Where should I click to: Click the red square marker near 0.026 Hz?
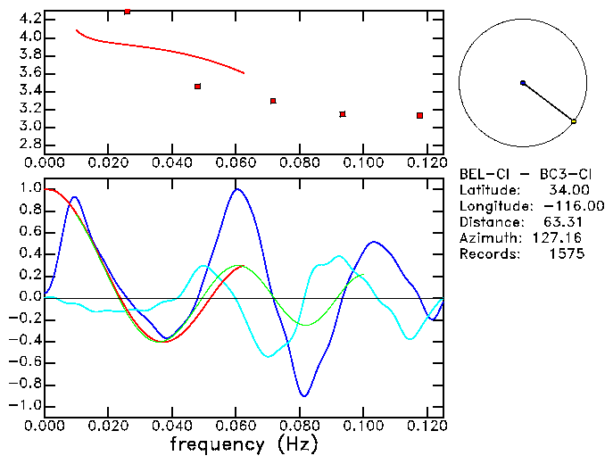tap(128, 12)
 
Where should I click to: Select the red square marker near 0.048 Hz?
tap(197, 87)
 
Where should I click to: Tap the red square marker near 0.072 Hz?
tap(273, 101)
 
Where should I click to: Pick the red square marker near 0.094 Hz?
tap(343, 114)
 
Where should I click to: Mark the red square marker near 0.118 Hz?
tap(419, 115)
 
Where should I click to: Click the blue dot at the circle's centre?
tap(523, 83)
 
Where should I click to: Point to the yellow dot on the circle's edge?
tap(574, 121)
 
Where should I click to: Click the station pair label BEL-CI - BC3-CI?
tap(520, 174)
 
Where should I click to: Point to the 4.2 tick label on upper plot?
tap(27, 18)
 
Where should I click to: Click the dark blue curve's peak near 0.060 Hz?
tap(236, 189)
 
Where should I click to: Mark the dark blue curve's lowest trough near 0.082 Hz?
tap(304, 395)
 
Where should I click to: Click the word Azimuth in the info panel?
tap(487, 238)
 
